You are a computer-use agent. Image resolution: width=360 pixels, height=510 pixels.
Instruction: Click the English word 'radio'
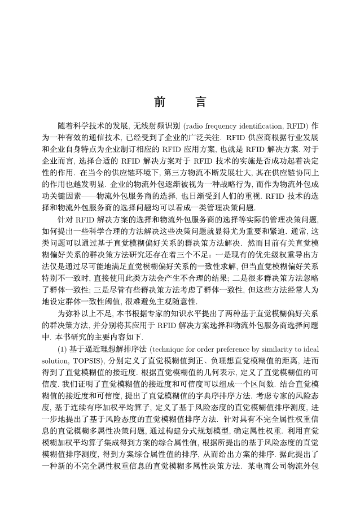pyautogui.click(x=195, y=125)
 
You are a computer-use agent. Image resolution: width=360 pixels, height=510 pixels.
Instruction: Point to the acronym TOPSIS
pyautogui.click(x=84, y=361)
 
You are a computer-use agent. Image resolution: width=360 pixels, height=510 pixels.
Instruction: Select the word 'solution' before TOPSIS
pyautogui.click(x=55, y=361)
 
